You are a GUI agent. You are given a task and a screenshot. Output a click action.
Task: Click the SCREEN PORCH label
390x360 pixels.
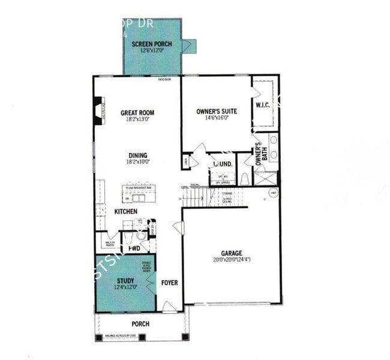[x=152, y=44]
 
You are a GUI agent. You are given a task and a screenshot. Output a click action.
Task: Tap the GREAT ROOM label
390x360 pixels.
[x=137, y=112]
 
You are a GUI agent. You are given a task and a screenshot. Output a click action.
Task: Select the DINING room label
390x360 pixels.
[x=137, y=155]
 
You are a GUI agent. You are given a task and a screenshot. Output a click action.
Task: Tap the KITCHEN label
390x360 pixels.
[x=126, y=212]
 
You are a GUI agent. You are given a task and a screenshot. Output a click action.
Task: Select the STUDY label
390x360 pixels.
[x=125, y=280]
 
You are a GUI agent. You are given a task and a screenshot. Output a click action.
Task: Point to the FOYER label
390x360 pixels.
[x=169, y=282]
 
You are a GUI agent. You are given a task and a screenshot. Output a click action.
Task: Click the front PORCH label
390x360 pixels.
[x=140, y=324]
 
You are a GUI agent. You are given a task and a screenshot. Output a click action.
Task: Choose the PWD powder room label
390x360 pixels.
[x=134, y=248]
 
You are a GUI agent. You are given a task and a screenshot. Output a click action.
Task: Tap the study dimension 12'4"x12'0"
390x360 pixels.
[x=125, y=287]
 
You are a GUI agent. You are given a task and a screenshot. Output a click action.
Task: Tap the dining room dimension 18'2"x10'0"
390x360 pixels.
[x=137, y=161]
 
